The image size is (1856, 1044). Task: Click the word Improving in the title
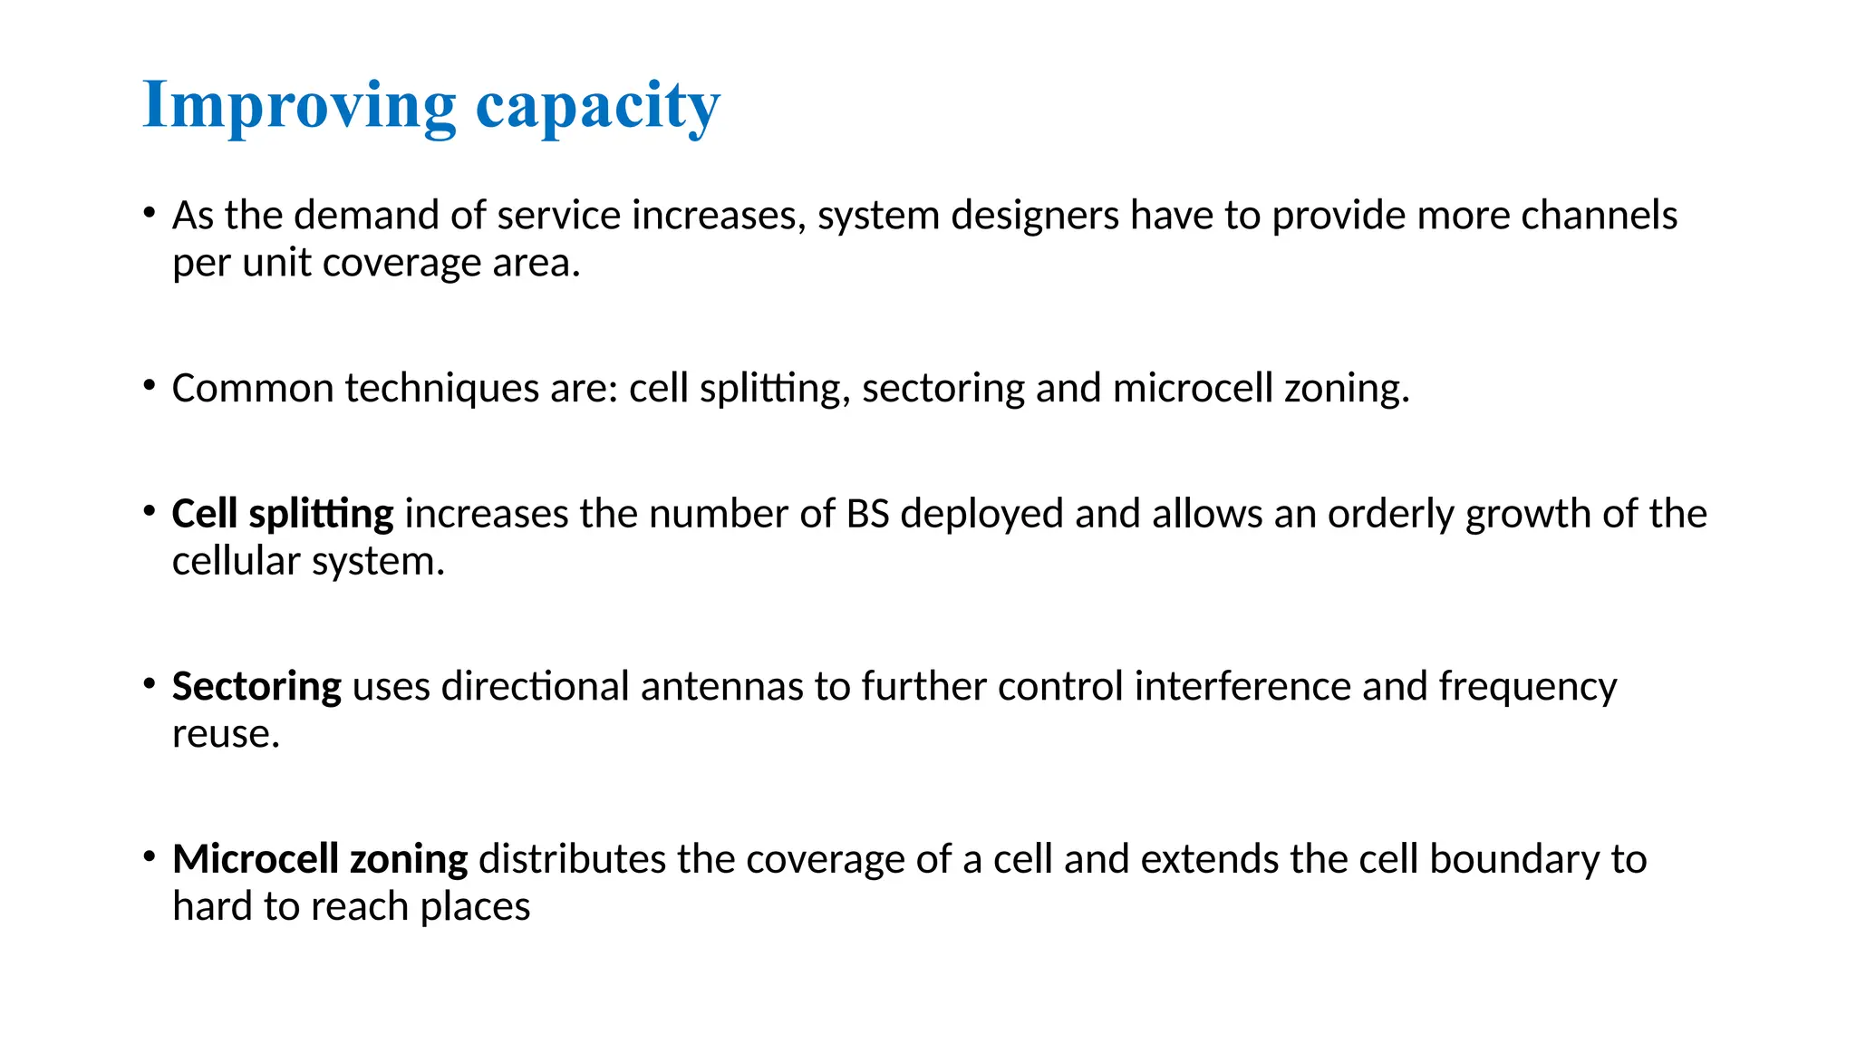coord(299,107)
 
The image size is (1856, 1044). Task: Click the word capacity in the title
coord(597,107)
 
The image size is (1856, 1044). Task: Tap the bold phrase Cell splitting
coord(283,515)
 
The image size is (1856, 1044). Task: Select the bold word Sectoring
coord(256,687)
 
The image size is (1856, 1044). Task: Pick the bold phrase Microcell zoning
coord(320,859)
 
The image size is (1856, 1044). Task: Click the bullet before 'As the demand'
coord(150,214)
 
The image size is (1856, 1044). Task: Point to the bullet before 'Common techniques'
coord(150,386)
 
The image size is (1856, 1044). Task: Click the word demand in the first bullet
coord(367,216)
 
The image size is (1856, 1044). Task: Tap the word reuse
coord(225,734)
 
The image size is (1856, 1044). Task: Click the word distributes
coord(572,859)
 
